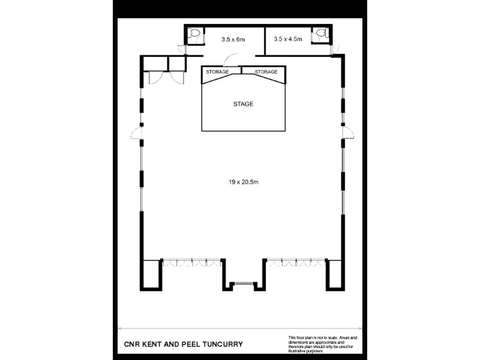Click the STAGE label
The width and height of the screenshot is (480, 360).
tap(243, 104)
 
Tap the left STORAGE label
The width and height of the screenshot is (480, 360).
tap(217, 72)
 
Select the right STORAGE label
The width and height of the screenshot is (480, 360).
tap(266, 72)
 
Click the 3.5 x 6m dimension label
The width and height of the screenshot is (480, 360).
tap(233, 40)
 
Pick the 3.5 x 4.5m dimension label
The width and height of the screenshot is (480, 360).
tap(288, 40)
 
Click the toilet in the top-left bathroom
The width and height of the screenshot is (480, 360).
tap(194, 35)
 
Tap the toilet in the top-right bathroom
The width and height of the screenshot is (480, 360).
tap(321, 35)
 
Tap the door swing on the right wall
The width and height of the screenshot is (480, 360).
tap(347, 133)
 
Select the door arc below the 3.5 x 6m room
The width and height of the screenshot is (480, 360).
tap(229, 60)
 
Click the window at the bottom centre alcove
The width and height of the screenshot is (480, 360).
tap(243, 283)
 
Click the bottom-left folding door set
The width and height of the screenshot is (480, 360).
tap(191, 263)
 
